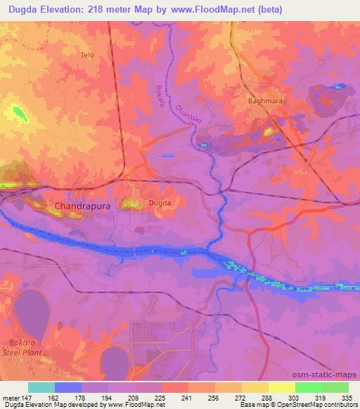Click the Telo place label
pyautogui.click(x=87, y=55)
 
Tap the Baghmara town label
pyautogui.click(x=263, y=100)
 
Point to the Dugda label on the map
pyautogui.click(x=157, y=204)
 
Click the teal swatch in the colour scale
pyautogui.click(x=41, y=387)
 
